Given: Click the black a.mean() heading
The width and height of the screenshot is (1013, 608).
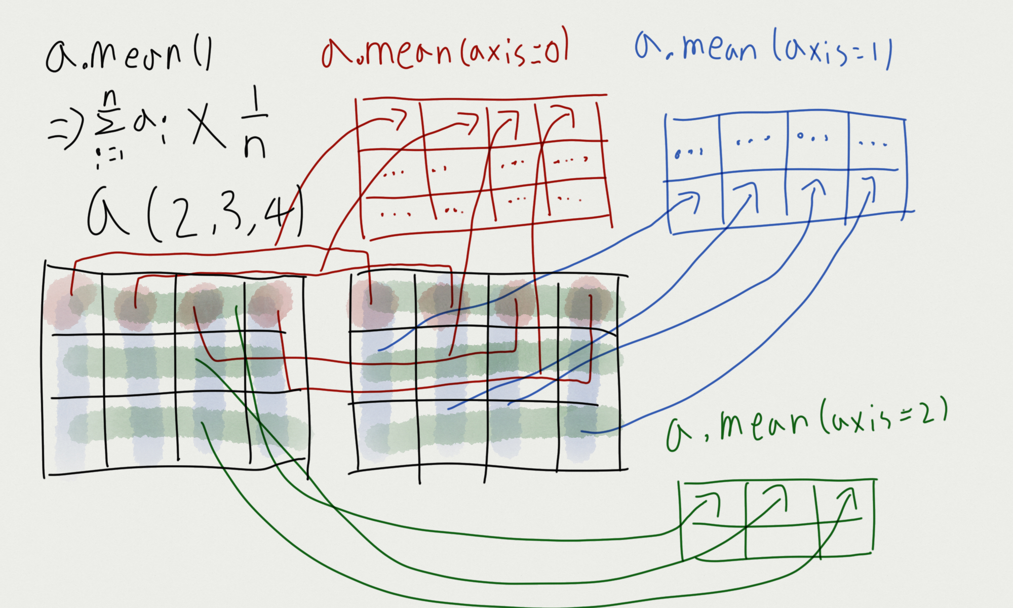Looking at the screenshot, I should [x=129, y=56].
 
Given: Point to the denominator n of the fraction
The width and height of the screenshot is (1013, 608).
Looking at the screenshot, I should [x=254, y=147].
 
